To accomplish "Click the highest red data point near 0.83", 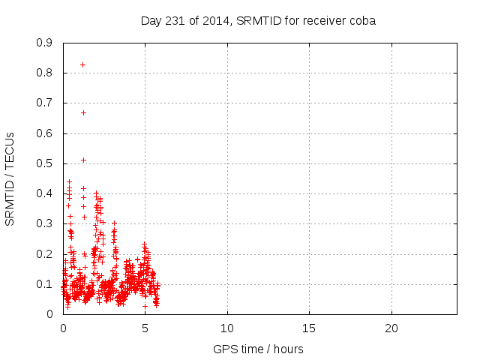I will [x=82, y=64].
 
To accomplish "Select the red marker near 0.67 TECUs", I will [x=83, y=112].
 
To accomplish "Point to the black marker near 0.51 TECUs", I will [x=83, y=160].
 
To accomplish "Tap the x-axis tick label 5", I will [x=145, y=328].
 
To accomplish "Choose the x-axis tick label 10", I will [x=227, y=328].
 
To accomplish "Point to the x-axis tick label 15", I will [x=309, y=328].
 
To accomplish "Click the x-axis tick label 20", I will [x=391, y=328].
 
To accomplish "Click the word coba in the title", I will [x=363, y=20].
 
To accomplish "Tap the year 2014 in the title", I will [x=214, y=20].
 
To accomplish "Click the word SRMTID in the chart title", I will [x=257, y=20].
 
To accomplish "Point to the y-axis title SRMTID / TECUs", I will [x=10, y=178].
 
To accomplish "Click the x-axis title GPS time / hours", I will [x=259, y=349].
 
